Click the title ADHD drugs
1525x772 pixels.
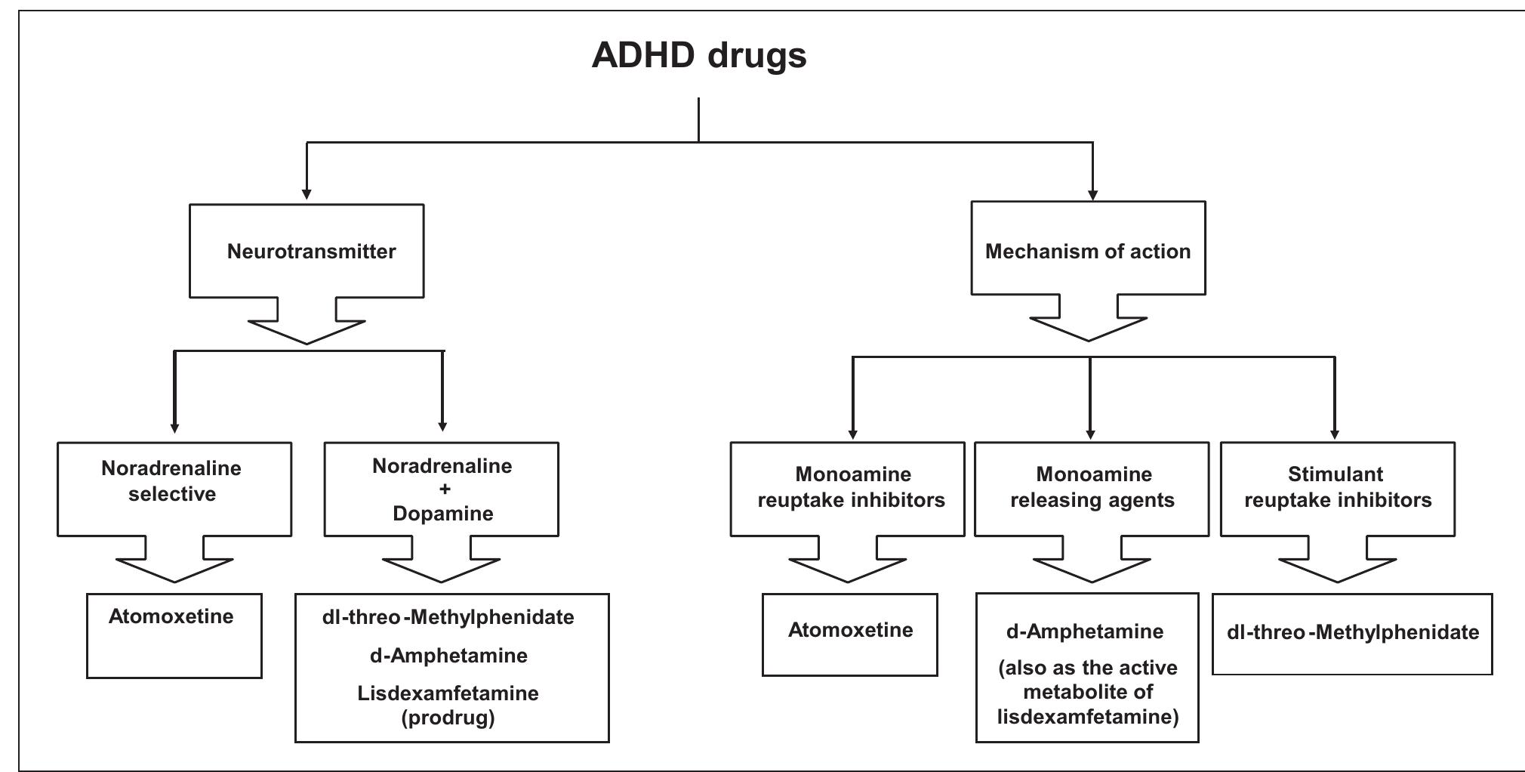[698, 56]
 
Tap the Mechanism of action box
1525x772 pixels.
[1088, 251]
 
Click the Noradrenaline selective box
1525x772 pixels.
[174, 482]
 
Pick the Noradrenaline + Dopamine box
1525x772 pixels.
[442, 489]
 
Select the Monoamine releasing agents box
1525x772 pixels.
[1092, 487]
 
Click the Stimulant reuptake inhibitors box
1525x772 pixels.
[1337, 487]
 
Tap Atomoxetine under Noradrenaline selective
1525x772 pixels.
[171, 616]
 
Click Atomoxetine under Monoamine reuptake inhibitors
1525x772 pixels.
[850, 630]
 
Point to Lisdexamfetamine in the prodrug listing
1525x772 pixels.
[448, 693]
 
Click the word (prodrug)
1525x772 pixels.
[448, 718]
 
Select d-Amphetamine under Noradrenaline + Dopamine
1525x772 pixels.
[448, 656]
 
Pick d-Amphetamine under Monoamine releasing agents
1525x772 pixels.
[1085, 631]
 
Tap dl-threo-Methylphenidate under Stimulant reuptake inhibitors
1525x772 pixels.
[1352, 632]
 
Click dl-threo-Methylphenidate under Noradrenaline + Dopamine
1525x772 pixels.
[448, 617]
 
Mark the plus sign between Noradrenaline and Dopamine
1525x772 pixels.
[445, 489]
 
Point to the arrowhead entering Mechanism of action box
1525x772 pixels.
[1092, 195]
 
